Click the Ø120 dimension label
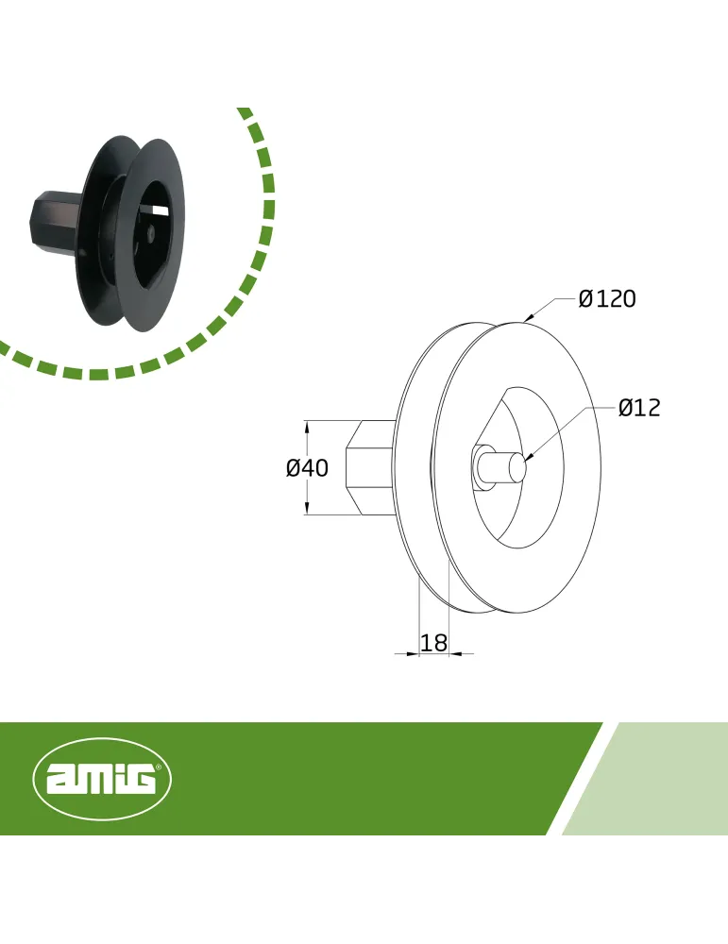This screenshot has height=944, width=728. pyautogui.click(x=607, y=298)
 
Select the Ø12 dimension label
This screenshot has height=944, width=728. pyautogui.click(x=639, y=408)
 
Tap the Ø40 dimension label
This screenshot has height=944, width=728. pyautogui.click(x=307, y=468)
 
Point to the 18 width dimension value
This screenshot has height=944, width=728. pyautogui.click(x=433, y=643)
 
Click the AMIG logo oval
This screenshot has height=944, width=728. pyautogui.click(x=102, y=779)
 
